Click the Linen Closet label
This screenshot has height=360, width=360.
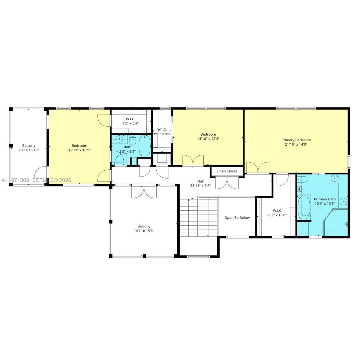click(x=227, y=171)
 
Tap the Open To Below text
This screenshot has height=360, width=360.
click(x=237, y=217)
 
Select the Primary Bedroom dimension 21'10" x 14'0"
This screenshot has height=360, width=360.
click(x=296, y=144)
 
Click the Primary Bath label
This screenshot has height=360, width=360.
click(x=325, y=199)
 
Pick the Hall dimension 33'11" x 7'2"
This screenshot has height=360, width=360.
click(x=200, y=186)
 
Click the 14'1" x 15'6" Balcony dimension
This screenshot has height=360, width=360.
click(x=144, y=231)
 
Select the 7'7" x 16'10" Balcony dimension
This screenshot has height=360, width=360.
click(x=29, y=150)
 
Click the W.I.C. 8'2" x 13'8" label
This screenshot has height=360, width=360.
click(x=277, y=212)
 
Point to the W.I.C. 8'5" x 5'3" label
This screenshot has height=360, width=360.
click(x=130, y=121)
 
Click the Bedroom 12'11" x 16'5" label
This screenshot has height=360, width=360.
click(x=79, y=148)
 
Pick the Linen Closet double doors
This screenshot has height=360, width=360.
click(x=227, y=183)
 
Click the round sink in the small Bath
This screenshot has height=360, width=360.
click(x=120, y=139)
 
